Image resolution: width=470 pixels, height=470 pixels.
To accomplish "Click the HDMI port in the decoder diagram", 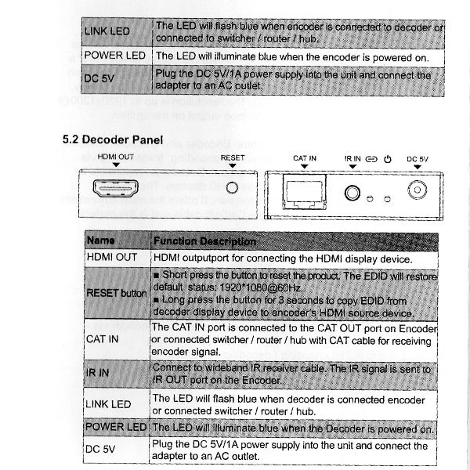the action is (115, 189).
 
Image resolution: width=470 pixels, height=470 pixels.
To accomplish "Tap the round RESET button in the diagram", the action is (232, 188).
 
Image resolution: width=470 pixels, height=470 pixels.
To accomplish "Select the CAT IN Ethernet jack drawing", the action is (304, 192).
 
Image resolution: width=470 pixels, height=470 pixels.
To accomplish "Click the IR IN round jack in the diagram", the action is (352, 193).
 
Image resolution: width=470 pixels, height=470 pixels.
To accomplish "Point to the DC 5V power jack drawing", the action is (418, 190).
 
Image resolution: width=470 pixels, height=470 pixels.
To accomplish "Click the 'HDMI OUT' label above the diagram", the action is (116, 157).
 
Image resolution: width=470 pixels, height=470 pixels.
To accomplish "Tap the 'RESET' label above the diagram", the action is (233, 157).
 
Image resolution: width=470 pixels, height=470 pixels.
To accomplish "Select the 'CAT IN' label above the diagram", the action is (305, 158).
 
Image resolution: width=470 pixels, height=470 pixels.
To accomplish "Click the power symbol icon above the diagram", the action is (388, 159).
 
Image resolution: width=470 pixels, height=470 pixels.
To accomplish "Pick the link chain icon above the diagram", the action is (371, 159).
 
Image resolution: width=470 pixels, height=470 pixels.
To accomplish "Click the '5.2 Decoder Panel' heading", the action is (113, 139).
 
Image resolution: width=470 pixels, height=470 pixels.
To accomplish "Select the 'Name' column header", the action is (101, 240).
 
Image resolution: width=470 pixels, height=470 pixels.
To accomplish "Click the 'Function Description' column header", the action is (204, 241).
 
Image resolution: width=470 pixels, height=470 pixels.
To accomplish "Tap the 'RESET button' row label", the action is (116, 293).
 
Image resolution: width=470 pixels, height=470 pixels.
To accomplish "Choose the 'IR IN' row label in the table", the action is (97, 373).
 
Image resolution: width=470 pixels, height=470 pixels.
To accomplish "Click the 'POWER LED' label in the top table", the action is (115, 56).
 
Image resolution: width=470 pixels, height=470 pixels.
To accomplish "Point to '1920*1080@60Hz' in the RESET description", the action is (260, 287).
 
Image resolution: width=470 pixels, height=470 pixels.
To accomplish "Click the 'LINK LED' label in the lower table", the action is (108, 404).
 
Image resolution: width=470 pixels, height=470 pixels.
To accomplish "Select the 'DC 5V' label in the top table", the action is (99, 78).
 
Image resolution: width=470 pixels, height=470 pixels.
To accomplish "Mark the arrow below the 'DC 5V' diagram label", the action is (418, 167).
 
